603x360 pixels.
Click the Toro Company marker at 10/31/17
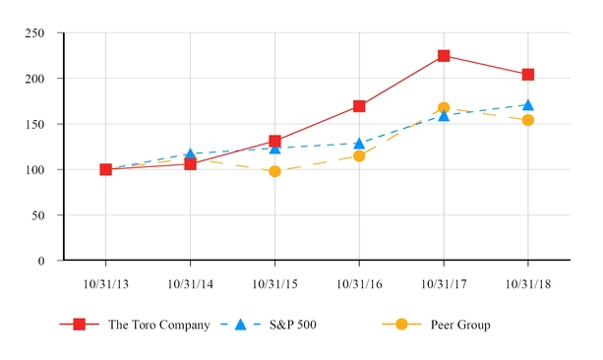444,56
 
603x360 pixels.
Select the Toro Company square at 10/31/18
528,75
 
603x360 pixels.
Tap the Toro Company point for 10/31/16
359,106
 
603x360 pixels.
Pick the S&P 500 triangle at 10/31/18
528,104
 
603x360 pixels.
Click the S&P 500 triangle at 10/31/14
190,154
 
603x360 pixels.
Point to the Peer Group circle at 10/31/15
274,171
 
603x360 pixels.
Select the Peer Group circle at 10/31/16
359,155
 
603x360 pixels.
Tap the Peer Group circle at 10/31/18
528,120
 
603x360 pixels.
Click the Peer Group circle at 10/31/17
444,108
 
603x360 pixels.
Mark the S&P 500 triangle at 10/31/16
359,144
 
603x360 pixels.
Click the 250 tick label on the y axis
34,33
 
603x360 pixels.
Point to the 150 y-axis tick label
34,125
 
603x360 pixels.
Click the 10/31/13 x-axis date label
106,284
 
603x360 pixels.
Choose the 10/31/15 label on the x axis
274,284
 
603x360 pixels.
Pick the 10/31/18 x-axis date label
528,284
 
